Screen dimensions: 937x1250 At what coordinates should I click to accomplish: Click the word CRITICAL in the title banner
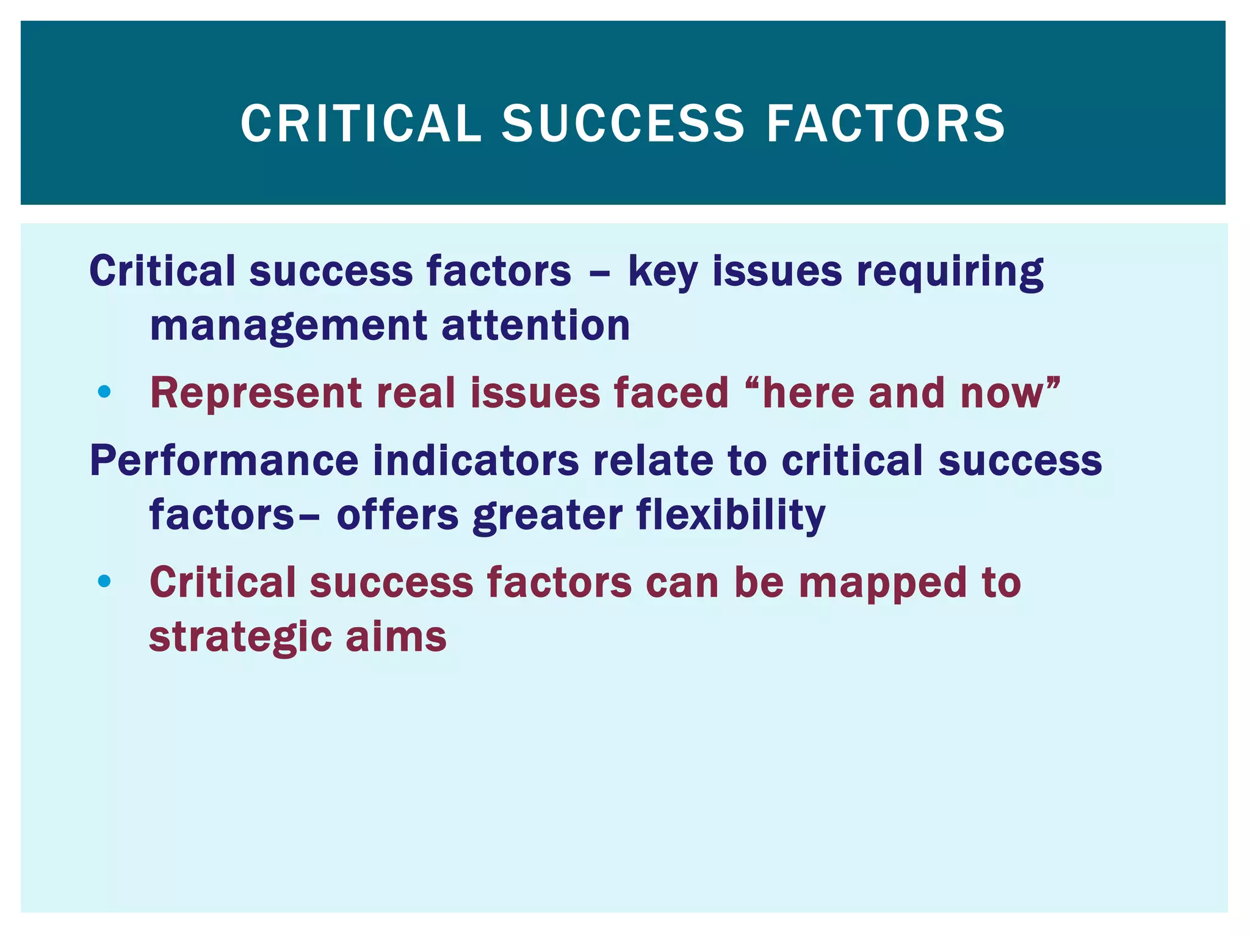tap(361, 124)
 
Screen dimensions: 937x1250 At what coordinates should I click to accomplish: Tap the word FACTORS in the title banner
tap(886, 124)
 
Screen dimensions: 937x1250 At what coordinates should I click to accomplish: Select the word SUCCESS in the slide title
tap(623, 124)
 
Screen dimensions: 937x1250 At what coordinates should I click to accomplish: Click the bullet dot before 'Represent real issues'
tap(104, 392)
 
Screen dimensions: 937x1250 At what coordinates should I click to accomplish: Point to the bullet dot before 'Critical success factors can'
tap(104, 581)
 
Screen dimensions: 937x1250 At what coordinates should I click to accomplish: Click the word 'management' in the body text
tap(289, 326)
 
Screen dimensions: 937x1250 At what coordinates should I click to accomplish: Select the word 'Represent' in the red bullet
tap(256, 393)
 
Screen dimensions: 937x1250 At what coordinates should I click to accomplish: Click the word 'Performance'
tap(224, 460)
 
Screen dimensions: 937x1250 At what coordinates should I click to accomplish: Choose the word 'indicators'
tap(475, 460)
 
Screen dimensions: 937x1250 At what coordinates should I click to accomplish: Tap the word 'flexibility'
tap(731, 515)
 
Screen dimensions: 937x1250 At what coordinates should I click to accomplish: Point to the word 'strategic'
tap(240, 638)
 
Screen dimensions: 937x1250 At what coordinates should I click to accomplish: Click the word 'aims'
tap(396, 637)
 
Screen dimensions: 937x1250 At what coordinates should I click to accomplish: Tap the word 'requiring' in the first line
tap(950, 272)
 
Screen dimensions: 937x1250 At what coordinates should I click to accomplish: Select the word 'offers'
tap(397, 515)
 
